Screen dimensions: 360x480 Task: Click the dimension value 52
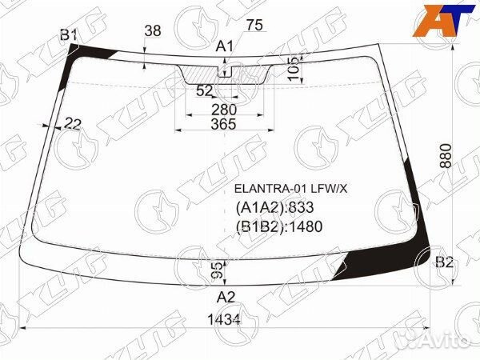[x=205, y=91]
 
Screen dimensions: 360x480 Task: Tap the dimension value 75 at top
[x=254, y=26]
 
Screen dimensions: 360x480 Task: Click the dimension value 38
[x=152, y=31]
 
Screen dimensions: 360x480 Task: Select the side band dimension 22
[x=73, y=122]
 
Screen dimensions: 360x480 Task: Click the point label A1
[x=225, y=46]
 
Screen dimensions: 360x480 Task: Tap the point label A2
[x=226, y=297]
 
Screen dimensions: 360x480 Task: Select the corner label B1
[x=68, y=34]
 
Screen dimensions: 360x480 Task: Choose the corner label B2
[x=444, y=262]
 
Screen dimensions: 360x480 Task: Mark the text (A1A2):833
[x=274, y=208]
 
